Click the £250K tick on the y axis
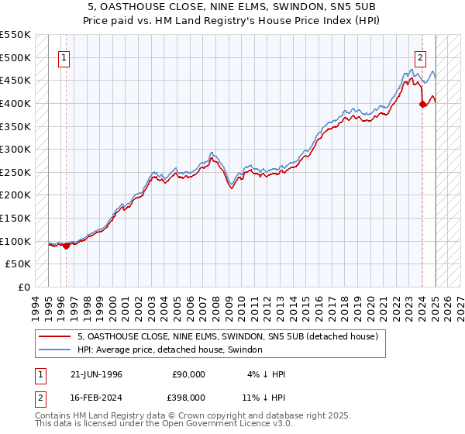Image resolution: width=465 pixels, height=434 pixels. (15, 172)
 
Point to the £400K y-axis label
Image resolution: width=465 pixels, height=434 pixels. (15, 103)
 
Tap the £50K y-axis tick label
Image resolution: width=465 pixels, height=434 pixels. (19, 264)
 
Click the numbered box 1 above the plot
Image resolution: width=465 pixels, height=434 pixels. (64, 57)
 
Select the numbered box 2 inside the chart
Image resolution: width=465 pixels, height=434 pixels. (420, 57)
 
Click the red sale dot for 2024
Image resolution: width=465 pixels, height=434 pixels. (422, 105)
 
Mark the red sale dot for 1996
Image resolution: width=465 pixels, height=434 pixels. (67, 246)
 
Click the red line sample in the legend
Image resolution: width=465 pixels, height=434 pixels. (54, 337)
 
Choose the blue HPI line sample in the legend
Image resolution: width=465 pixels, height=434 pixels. (54, 350)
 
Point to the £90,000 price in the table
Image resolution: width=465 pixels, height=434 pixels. (188, 374)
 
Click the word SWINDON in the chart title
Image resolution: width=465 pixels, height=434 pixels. (282, 9)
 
